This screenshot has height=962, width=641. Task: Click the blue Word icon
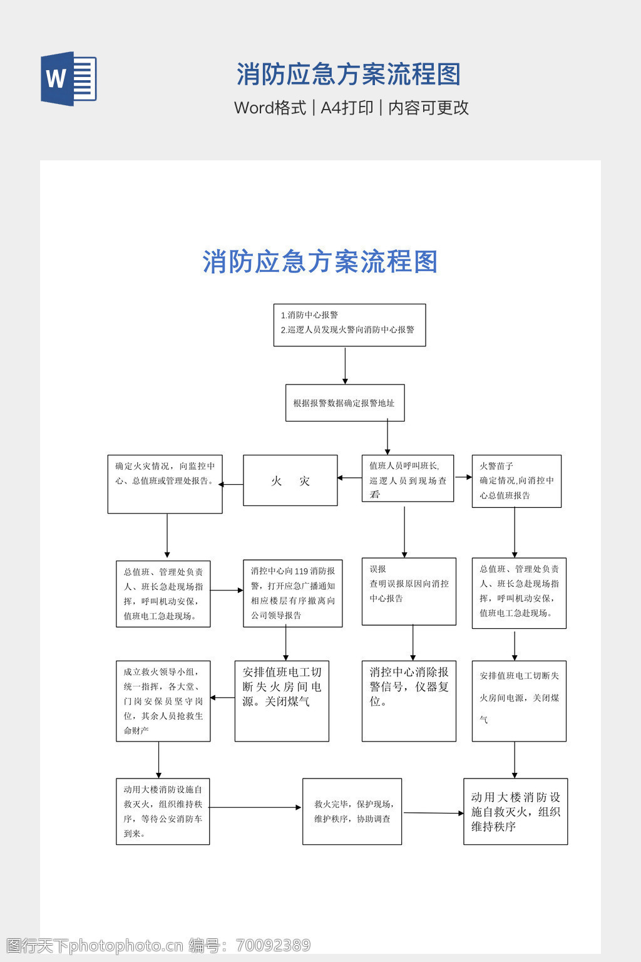click(x=69, y=79)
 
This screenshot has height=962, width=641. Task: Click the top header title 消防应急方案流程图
click(x=348, y=75)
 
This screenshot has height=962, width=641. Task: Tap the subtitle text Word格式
click(x=270, y=108)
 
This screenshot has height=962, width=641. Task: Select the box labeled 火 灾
click(x=290, y=480)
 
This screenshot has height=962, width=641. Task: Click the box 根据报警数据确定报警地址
click(x=344, y=403)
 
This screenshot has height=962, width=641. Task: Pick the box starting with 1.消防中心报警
click(x=349, y=324)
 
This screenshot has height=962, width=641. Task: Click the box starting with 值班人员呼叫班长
click(x=408, y=478)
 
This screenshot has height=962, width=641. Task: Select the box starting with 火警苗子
click(x=516, y=481)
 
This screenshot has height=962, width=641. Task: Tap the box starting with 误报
click(x=409, y=591)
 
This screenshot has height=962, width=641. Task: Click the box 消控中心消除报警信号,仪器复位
click(x=409, y=700)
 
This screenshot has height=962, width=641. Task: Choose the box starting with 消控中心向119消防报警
click(x=292, y=593)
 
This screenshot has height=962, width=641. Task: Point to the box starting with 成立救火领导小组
click(x=163, y=701)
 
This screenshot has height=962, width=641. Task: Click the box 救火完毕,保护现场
click(x=352, y=811)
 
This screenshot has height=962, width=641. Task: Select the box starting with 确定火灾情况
click(x=165, y=484)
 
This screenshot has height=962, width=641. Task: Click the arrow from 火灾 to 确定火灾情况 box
click(x=231, y=484)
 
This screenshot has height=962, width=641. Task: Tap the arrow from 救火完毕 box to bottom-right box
click(x=433, y=813)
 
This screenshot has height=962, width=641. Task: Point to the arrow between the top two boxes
click(x=345, y=365)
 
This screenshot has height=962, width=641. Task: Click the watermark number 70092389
click(x=274, y=945)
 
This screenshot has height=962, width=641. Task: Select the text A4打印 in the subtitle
click(x=347, y=108)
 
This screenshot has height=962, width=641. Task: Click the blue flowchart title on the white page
click(x=320, y=262)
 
